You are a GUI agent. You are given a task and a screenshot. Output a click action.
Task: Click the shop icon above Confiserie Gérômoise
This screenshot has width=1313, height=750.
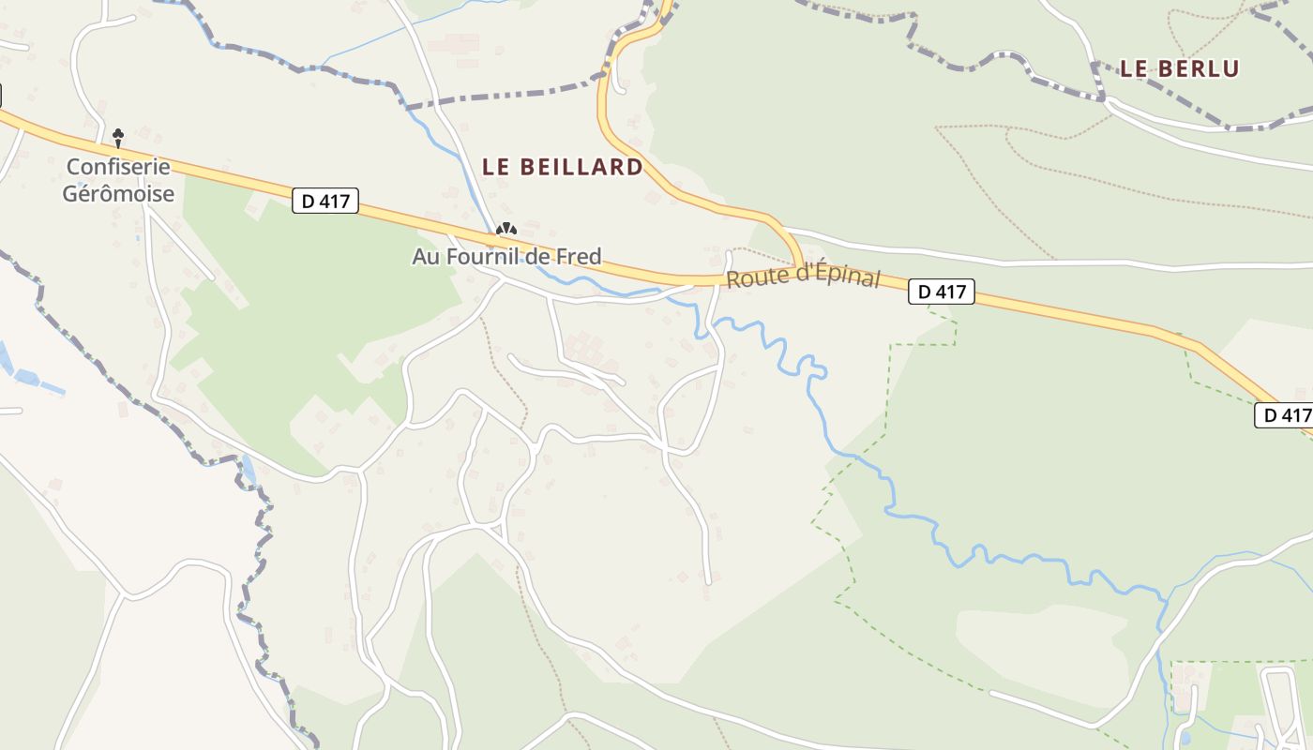[x=118, y=138]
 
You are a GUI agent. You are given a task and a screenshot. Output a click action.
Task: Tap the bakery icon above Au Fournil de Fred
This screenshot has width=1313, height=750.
[x=506, y=229]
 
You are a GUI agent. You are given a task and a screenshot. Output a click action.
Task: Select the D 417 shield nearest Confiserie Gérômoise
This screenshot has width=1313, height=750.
[x=325, y=201]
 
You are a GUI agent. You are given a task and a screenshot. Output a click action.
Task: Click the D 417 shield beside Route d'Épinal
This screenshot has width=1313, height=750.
[x=942, y=292]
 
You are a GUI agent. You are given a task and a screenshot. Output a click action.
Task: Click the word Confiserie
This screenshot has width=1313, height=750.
[x=118, y=167]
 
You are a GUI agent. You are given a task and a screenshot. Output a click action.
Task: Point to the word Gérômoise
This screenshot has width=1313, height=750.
[x=118, y=194]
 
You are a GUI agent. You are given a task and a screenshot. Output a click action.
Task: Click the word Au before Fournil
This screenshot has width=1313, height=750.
[x=425, y=256]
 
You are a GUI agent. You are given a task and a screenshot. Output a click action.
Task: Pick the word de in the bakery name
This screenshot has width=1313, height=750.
[x=542, y=256]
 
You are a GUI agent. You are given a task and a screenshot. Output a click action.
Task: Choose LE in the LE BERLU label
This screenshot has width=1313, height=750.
[x=1134, y=68]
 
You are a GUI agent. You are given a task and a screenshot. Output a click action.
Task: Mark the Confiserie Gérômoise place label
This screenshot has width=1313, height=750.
[x=118, y=180]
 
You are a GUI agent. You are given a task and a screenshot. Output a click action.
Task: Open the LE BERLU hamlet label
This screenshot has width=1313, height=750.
[x=1179, y=68]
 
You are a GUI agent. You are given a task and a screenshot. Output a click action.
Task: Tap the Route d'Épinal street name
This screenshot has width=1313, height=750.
[x=804, y=276]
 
